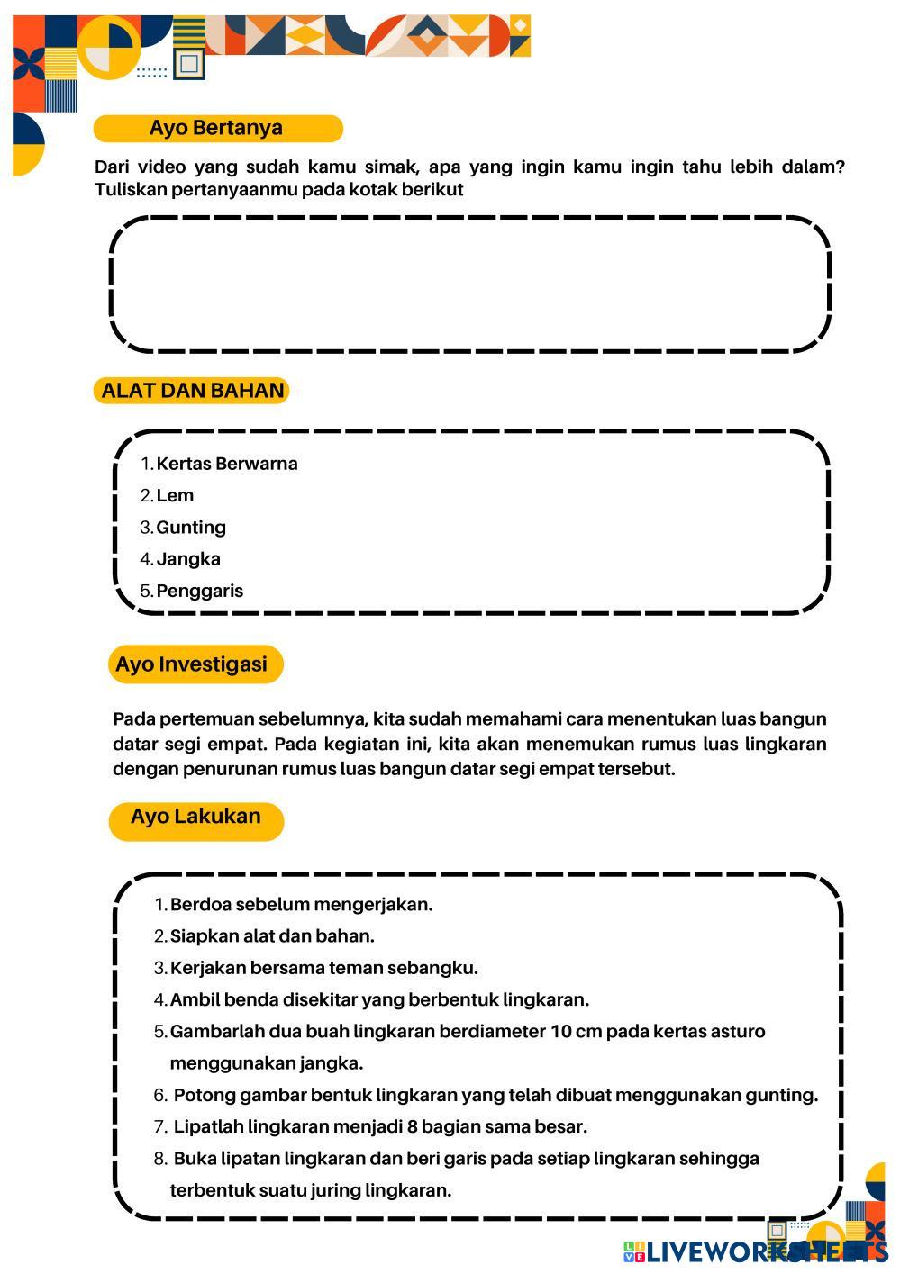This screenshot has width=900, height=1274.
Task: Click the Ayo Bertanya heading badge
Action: [217, 128]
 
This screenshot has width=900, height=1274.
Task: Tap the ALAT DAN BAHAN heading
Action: [192, 391]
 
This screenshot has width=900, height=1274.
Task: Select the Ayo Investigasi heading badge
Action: [195, 664]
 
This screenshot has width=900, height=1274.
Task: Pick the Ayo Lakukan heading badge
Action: [195, 818]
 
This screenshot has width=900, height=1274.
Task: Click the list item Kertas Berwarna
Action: [226, 464]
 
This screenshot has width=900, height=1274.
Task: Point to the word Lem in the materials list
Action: [175, 496]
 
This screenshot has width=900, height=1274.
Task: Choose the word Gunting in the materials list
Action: [191, 528]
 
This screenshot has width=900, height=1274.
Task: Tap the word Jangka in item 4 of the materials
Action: [188, 559]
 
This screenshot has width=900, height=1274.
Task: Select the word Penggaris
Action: [200, 592]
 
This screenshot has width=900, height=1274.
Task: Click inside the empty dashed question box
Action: [468, 284]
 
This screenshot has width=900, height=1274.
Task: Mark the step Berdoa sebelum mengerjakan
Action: [301, 905]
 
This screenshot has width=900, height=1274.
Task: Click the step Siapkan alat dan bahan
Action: [272, 936]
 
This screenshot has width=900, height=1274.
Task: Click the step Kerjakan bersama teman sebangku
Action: [323, 969]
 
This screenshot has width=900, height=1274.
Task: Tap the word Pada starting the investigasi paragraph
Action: [133, 719]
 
